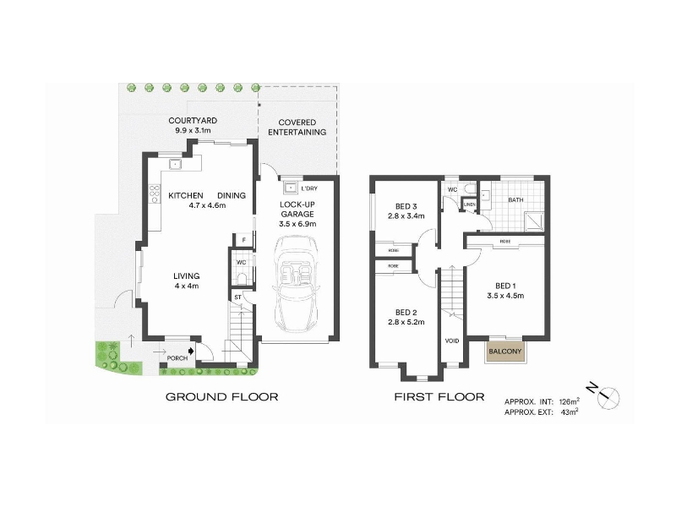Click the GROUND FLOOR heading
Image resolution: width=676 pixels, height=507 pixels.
click(x=221, y=396)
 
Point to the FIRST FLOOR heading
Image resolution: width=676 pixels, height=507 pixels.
click(x=439, y=396)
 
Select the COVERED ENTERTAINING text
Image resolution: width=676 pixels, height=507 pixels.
click(x=297, y=128)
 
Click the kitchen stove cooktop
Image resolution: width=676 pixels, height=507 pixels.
click(x=155, y=196)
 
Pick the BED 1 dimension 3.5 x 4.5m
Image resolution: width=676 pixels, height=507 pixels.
click(x=505, y=296)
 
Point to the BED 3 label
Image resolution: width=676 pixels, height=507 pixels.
click(x=406, y=205)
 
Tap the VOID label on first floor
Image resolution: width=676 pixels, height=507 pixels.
click(x=451, y=341)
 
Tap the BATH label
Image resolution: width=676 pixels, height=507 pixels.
click(x=515, y=200)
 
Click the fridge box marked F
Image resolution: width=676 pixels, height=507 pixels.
click(x=243, y=241)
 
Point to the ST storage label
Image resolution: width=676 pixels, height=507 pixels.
click(x=238, y=297)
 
